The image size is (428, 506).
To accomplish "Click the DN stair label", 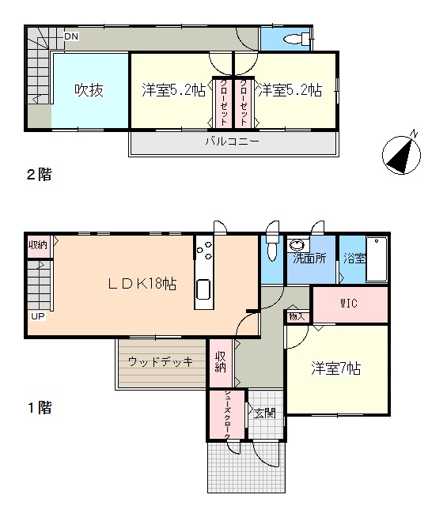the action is [x=71, y=36].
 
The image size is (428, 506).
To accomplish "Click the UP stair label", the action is [x=38, y=316].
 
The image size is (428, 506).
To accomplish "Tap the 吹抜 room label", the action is [x=89, y=90].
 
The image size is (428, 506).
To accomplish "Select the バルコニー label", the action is [x=233, y=142].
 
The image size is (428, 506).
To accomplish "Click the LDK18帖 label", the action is [x=142, y=284].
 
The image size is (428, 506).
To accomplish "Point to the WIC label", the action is [x=349, y=304].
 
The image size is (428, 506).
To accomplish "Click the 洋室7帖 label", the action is [x=336, y=368].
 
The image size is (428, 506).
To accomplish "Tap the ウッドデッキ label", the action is [x=161, y=361].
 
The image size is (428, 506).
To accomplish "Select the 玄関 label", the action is [x=264, y=413].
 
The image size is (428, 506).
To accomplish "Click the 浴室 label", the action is [x=354, y=259].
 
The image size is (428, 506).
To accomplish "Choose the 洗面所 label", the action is [x=309, y=259].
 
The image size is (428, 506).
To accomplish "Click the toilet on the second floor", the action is [x=297, y=39].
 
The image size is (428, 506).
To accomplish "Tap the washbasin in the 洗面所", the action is [x=297, y=245].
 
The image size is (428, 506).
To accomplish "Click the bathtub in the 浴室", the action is [x=377, y=259].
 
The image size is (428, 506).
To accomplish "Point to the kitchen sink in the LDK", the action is [x=204, y=289].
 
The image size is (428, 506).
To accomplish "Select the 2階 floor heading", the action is [x=39, y=175].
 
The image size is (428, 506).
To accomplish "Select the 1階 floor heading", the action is [x=40, y=408].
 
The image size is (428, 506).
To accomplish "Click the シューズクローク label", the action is [x=227, y=414].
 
